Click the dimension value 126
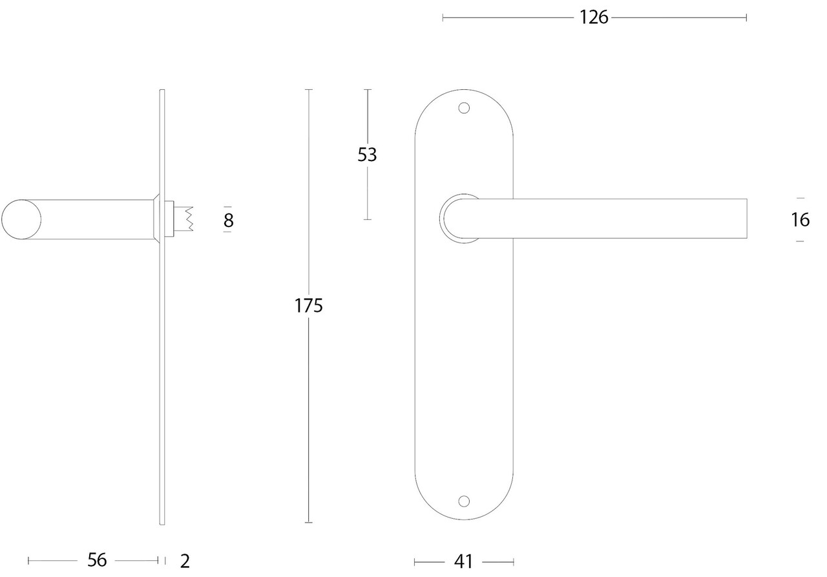pyautogui.click(x=594, y=17)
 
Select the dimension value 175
pyautogui.click(x=309, y=305)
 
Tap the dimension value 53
pyautogui.click(x=367, y=155)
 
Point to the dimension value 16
pyautogui.click(x=800, y=220)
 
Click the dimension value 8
pyautogui.click(x=228, y=221)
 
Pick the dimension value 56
pyautogui.click(x=97, y=560)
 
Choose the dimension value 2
pyautogui.click(x=185, y=561)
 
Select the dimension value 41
pyautogui.click(x=464, y=561)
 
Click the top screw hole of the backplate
pyautogui.click(x=463, y=107)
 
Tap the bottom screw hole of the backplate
pyautogui.click(x=463, y=501)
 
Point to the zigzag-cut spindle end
pyautogui.click(x=188, y=219)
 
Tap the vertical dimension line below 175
pyautogui.click(x=309, y=420)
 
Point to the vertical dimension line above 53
pyautogui.click(x=367, y=116)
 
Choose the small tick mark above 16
pyautogui.click(x=800, y=199)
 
